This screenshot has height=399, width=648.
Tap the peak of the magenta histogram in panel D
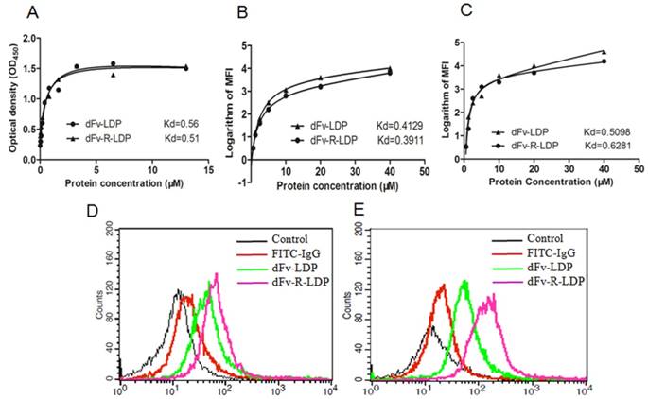click(x=217, y=275)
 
